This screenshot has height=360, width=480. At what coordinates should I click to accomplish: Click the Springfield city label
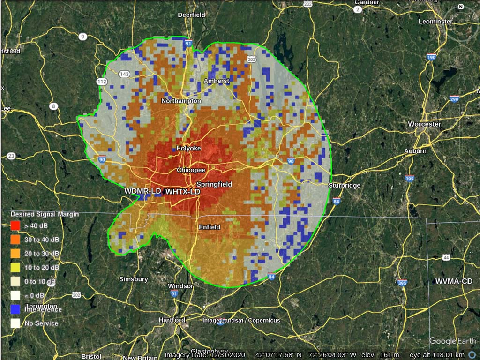pos(214,184)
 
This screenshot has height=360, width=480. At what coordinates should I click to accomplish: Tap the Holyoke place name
pos(188,148)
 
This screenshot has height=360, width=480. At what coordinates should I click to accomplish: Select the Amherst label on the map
pos(217,81)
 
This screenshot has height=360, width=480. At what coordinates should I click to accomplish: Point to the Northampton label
pos(181,101)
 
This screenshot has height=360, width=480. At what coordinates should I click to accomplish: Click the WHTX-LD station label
pos(183,192)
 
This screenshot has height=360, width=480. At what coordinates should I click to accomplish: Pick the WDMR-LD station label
pos(142,191)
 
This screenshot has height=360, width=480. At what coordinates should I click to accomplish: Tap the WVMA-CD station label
pos(454,281)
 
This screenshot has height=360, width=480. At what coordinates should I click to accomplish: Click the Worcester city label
pos(424,124)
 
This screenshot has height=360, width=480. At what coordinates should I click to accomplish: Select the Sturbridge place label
pos(344,185)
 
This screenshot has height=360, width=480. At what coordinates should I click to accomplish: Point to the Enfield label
pos(209,227)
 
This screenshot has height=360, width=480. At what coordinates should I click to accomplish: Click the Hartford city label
pos(172,320)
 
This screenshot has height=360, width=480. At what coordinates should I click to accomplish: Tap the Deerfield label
pos(191,15)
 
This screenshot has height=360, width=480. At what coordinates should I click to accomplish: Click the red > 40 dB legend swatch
pos(15,225)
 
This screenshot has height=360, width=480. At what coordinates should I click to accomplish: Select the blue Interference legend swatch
pos(15,309)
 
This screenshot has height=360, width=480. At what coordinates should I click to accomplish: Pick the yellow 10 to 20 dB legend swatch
pos(15,267)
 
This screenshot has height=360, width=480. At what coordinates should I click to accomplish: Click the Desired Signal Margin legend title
pos(45,214)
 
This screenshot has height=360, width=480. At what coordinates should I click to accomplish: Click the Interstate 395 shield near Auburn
pos(410,178)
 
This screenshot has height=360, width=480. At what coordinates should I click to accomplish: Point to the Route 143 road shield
pos(124,74)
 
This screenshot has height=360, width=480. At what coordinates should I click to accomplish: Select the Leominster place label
pos(435,22)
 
